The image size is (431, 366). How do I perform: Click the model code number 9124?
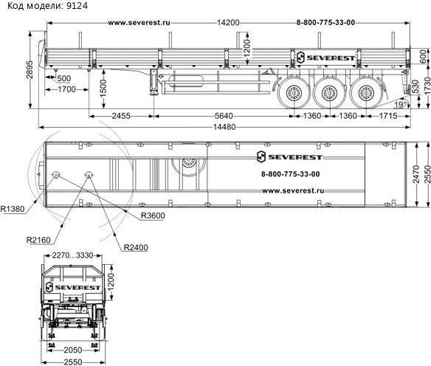click(x=77, y=5)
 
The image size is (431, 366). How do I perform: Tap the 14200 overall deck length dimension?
click(x=228, y=23)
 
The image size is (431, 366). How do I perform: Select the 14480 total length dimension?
click(x=224, y=127)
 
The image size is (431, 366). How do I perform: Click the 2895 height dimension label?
click(x=30, y=70)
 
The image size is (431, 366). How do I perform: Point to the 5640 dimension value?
click(x=224, y=116)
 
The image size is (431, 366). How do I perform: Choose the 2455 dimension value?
click(x=121, y=116)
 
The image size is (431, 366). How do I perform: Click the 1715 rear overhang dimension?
click(x=388, y=116)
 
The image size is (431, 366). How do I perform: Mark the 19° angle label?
click(x=400, y=105)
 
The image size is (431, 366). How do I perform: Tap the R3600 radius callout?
click(x=153, y=215)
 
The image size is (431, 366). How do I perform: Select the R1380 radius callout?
click(x=13, y=209)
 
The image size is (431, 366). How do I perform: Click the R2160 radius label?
click(x=38, y=240)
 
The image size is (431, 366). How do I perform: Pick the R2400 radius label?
click(x=136, y=247)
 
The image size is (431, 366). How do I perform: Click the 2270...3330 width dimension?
click(x=73, y=255)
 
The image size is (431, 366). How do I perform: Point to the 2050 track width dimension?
click(x=73, y=350)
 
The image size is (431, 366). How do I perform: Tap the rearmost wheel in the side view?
click(x=365, y=93)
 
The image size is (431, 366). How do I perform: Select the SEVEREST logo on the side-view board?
click(x=326, y=58)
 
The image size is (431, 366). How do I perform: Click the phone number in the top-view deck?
click(x=291, y=174)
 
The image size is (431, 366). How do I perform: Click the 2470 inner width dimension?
click(x=416, y=174)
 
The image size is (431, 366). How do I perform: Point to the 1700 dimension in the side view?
click(x=66, y=89)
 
